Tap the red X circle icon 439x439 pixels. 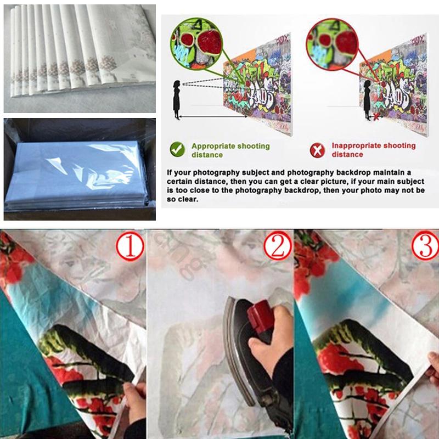point(317,150)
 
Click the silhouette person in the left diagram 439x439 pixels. point(177,99)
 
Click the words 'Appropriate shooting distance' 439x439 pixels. point(230,150)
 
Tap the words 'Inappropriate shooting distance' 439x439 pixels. point(373,150)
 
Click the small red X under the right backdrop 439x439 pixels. point(375,117)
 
